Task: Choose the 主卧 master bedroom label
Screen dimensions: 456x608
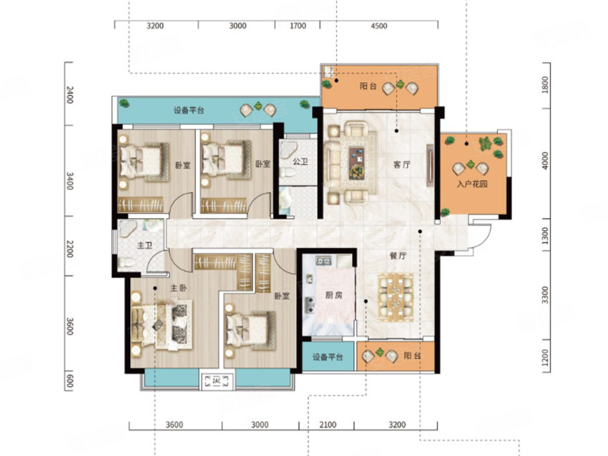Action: [x=178, y=288]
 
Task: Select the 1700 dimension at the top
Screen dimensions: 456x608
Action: [x=298, y=26]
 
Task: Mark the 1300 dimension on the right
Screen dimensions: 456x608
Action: [x=546, y=234]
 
